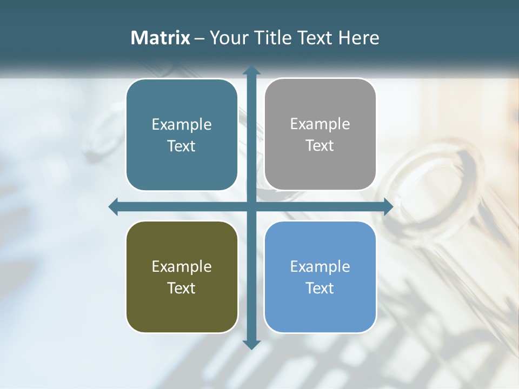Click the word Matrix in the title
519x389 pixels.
point(161,38)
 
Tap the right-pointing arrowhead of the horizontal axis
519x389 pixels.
point(388,206)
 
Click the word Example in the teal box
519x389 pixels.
point(182,125)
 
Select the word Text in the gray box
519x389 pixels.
point(320,146)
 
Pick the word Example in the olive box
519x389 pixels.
point(182,267)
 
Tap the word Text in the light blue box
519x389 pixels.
point(320,288)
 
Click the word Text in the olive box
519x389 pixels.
point(182,288)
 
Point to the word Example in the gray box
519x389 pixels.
point(320,124)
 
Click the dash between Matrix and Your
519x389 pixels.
point(199,38)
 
